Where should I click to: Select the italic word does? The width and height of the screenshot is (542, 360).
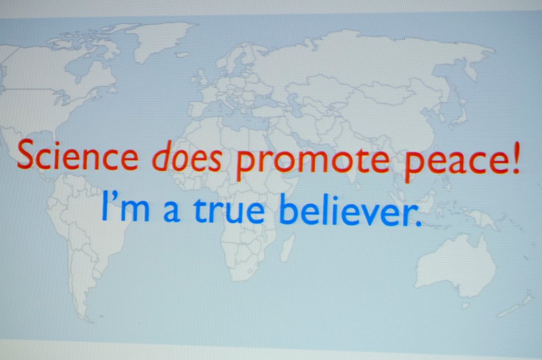click(187, 156)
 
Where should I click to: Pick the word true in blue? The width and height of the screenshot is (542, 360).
click(229, 208)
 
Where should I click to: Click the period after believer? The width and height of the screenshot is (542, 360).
click(418, 223)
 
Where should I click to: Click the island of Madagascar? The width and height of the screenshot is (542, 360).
click(287, 247)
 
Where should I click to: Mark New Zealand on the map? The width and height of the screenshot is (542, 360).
click(515, 305)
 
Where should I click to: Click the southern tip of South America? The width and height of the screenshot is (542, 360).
click(85, 319)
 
